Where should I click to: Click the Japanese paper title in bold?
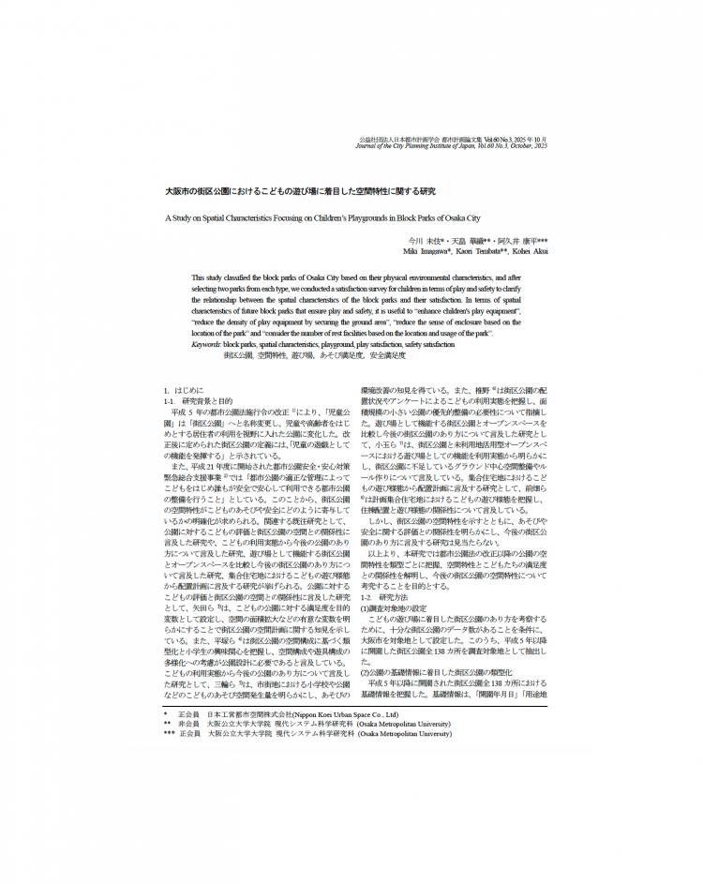(x=300, y=191)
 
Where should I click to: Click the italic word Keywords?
(x=206, y=345)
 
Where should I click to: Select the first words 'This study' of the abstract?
(x=205, y=278)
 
